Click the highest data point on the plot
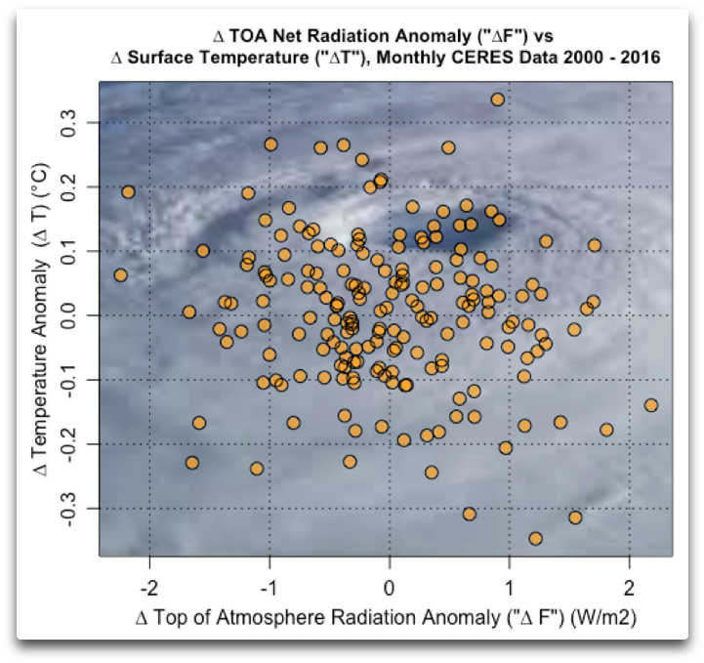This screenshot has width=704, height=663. coord(497,100)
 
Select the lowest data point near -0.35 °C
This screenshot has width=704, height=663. coord(535,538)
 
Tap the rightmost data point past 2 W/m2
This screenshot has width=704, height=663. coord(651,405)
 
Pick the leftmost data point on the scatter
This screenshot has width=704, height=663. coord(120,275)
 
